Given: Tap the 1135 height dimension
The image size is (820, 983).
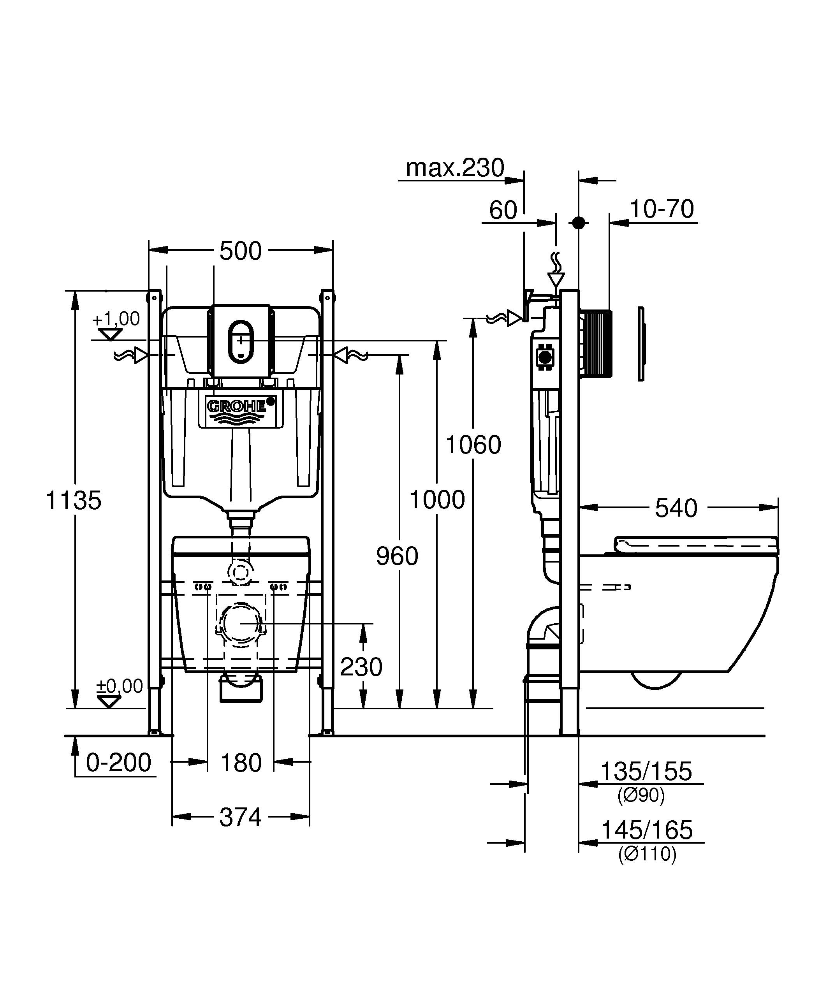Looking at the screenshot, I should click(74, 500).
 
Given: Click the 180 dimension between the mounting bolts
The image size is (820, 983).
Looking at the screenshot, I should click(241, 763).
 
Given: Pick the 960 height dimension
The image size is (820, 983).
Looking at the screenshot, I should click(397, 556).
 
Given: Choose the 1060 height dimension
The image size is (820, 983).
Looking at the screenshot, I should click(473, 445).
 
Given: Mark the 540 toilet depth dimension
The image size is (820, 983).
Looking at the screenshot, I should click(676, 508).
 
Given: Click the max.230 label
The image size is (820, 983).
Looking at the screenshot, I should click(455, 167).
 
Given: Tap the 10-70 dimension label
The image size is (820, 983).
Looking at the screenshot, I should click(662, 209).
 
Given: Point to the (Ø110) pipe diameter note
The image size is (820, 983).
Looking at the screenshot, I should click(647, 854).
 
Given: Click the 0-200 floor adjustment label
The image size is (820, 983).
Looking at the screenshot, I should click(118, 763).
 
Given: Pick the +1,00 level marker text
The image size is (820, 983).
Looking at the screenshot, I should click(116, 319).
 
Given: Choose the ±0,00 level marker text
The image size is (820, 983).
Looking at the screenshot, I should click(120, 686).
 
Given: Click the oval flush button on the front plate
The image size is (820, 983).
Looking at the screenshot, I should click(240, 340).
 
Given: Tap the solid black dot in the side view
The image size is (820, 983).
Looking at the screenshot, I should click(579, 223).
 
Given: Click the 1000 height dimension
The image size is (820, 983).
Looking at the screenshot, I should click(437, 499).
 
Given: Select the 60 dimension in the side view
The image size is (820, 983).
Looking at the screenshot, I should click(503, 210).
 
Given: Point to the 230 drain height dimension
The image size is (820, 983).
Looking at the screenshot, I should click(361, 666).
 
